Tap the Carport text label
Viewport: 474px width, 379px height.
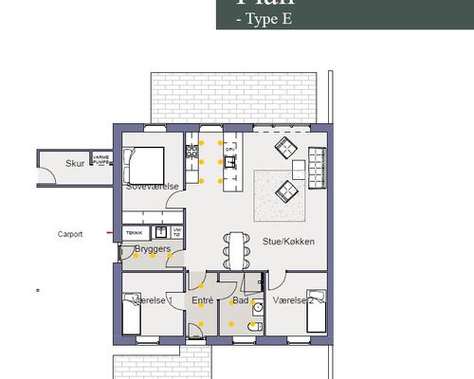[x=70, y=234]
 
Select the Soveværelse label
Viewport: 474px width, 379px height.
[x=153, y=187]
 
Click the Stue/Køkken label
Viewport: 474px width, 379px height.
[x=288, y=242]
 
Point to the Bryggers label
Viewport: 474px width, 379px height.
[x=152, y=249]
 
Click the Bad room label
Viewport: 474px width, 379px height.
[x=240, y=300]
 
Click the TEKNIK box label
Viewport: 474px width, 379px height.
[x=136, y=231]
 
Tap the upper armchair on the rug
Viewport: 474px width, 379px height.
[x=286, y=149]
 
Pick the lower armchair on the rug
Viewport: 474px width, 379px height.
[x=286, y=193]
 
